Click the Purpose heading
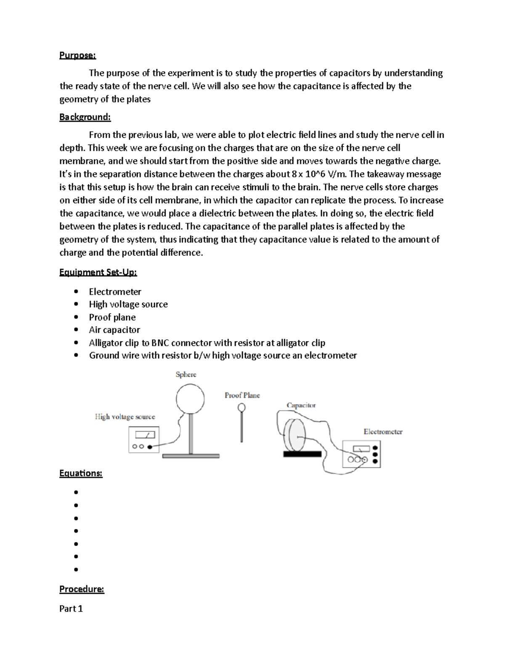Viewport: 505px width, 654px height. tap(77, 55)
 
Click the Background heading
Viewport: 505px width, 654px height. tap(85, 117)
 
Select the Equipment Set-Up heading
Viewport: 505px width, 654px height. tap(98, 272)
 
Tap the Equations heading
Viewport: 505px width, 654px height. tap(81, 473)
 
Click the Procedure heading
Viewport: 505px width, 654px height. tap(82, 589)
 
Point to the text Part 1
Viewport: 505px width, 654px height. tap(71, 608)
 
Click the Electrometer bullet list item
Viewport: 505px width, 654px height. tap(115, 291)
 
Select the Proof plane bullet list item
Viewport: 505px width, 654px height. tap(112, 317)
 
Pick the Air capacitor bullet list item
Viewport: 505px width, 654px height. tap(114, 330)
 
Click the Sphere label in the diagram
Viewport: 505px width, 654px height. tap(186, 374)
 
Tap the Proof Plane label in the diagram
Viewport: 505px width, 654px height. tap(242, 395)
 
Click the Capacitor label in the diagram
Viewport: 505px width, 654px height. tap(301, 405)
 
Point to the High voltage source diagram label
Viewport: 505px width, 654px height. tap(125, 416)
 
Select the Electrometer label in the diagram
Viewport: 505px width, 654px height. tap(383, 432)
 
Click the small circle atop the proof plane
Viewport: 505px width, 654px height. tap(242, 407)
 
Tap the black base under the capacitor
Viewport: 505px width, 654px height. tap(302, 454)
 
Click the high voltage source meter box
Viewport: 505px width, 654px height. tap(144, 440)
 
